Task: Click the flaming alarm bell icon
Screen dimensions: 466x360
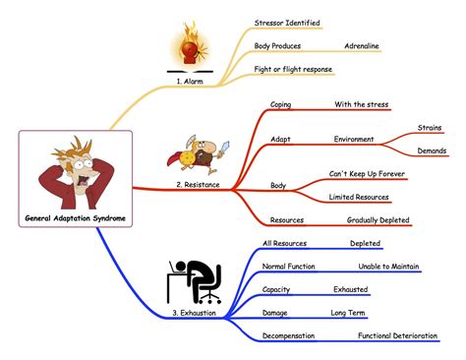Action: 190,45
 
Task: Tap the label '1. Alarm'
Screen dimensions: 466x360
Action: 190,81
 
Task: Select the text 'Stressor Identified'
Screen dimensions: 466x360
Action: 287,23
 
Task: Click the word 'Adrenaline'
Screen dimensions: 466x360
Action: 362,46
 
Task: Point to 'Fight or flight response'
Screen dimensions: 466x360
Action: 293,69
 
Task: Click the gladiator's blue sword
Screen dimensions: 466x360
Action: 224,148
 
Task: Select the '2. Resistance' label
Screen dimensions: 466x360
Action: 198,185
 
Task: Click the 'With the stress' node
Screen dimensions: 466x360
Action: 362,104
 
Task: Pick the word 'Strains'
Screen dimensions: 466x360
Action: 430,128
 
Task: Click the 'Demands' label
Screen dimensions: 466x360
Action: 432,150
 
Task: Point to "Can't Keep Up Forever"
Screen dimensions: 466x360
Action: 367,174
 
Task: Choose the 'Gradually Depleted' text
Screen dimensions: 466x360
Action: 378,220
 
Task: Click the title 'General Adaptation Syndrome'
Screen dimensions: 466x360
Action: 76,218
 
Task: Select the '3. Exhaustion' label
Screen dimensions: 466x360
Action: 194,313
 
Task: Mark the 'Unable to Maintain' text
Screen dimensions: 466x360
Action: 388,267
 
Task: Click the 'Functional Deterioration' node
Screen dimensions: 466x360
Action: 397,335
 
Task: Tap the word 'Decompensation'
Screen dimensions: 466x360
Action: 288,335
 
